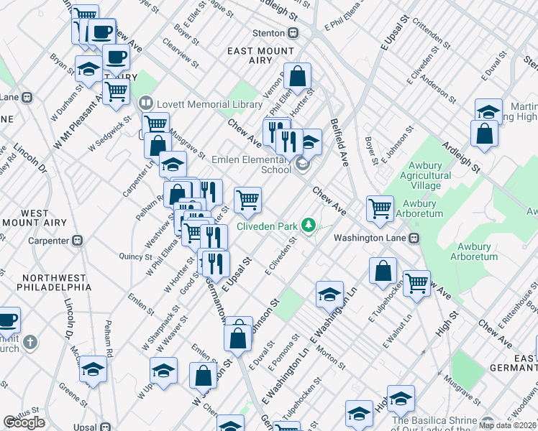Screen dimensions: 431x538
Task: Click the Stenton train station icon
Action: [x=293, y=33]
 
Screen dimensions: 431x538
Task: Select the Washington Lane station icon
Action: [x=414, y=238]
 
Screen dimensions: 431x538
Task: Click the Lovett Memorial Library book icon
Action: [x=147, y=104]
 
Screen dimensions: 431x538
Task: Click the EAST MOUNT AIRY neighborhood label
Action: [x=260, y=57]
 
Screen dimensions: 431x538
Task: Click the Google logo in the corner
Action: [x=24, y=422]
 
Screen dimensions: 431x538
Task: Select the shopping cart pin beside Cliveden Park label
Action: [x=247, y=200]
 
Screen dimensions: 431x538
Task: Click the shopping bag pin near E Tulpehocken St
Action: [x=383, y=271]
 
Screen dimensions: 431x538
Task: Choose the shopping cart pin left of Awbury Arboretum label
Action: [x=380, y=208]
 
